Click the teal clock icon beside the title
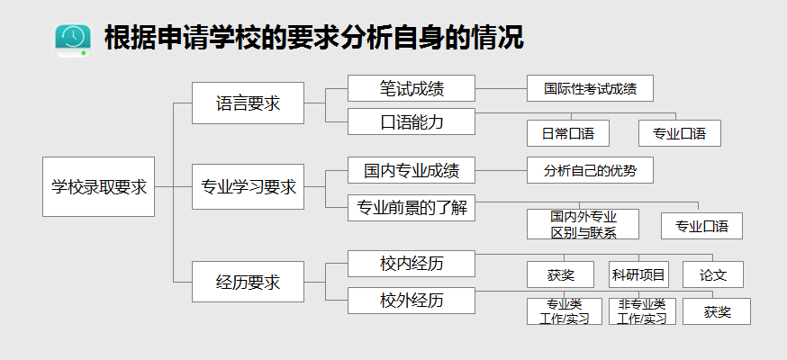tap(73, 40)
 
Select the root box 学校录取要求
tap(98, 186)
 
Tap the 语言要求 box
tap(248, 103)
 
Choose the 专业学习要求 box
tap(248, 186)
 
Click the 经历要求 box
tap(248, 282)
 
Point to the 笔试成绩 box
tap(412, 88)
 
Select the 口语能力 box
tap(412, 121)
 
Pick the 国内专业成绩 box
tap(412, 170)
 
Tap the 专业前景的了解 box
tap(412, 208)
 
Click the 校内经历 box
tap(412, 264)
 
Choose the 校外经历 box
tap(412, 301)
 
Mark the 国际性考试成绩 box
tap(591, 88)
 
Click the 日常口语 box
tap(568, 133)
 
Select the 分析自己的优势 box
tap(591, 170)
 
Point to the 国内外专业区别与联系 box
tap(583, 224)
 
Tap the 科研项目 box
tap(638, 274)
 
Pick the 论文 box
tap(713, 274)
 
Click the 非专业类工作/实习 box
tap(642, 311)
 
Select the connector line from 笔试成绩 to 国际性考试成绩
tap(501, 88)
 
